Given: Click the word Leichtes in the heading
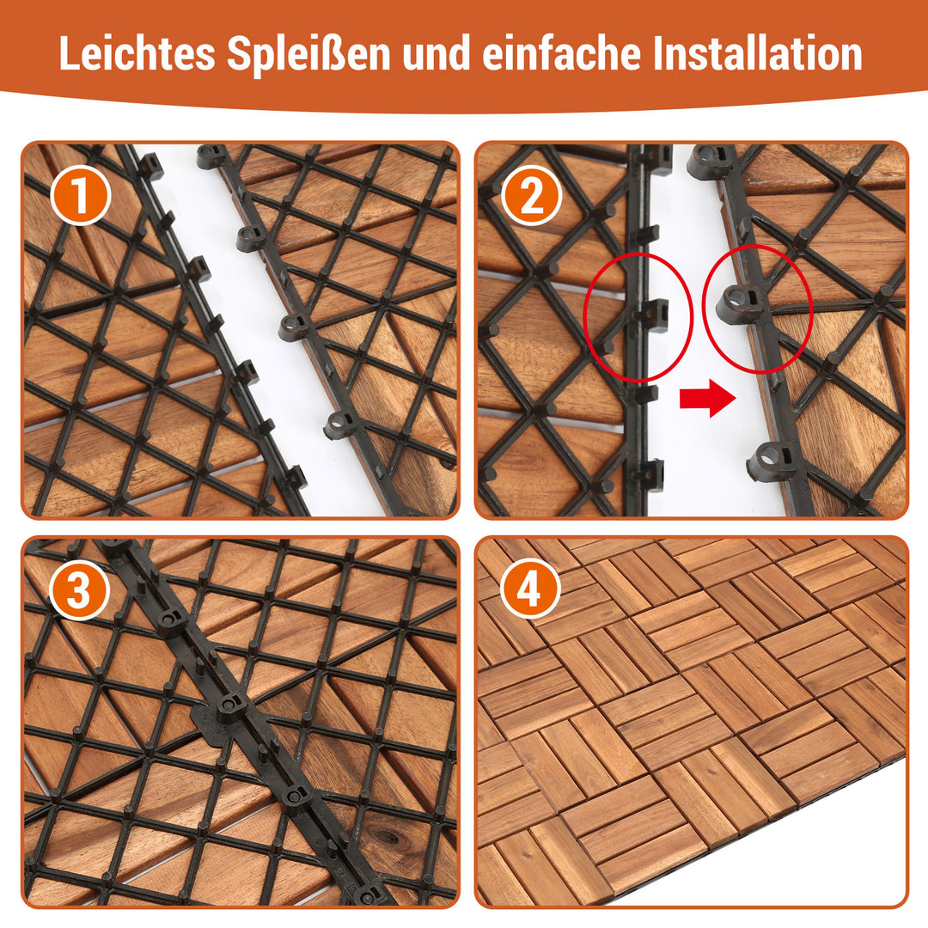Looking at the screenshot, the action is click(x=137, y=53).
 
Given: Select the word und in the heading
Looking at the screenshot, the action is click(x=437, y=53).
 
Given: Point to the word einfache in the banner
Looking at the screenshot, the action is click(x=562, y=53).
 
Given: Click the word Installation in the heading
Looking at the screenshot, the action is click(x=758, y=53).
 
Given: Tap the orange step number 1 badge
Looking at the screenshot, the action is click(x=81, y=195).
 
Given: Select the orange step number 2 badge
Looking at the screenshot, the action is click(x=532, y=195).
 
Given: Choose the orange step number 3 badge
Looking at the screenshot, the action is click(x=79, y=589).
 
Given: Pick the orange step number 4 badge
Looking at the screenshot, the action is click(x=530, y=589).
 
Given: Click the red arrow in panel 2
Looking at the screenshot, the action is click(x=708, y=399).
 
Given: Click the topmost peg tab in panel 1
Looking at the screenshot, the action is click(x=151, y=167).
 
